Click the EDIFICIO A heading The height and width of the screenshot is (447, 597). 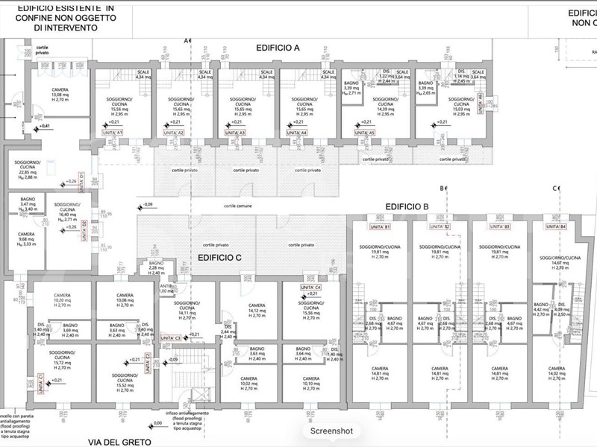pyautogui.click(x=278, y=47)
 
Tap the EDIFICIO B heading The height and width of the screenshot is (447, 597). pyautogui.click(x=406, y=206)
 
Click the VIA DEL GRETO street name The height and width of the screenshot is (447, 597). pyautogui.click(x=119, y=441)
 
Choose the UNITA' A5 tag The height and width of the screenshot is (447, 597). pyautogui.click(x=364, y=132)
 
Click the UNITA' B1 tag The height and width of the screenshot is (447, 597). pyautogui.click(x=381, y=226)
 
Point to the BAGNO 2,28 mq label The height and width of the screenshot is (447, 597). pyautogui.click(x=156, y=268)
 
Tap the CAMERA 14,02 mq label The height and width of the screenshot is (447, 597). pyautogui.click(x=556, y=373)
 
